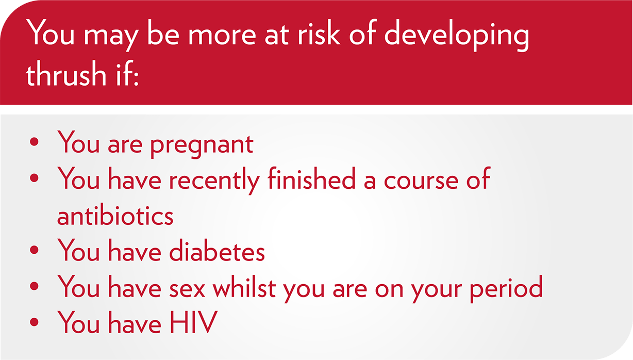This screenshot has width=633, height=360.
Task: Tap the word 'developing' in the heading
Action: click(x=456, y=36)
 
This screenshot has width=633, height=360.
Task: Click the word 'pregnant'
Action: click(x=202, y=145)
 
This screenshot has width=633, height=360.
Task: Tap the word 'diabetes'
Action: click(x=216, y=249)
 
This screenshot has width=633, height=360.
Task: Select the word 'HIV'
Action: click(x=193, y=322)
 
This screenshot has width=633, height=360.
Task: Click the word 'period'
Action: click(x=506, y=288)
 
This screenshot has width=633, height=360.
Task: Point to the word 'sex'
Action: click(x=187, y=290)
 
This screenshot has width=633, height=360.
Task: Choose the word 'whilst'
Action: click(x=244, y=286)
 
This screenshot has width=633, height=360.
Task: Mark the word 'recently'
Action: click(x=214, y=180)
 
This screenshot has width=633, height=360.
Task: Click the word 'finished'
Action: click(x=311, y=177)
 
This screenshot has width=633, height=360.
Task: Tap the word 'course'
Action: click(x=421, y=181)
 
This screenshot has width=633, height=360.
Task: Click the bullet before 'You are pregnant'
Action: click(x=34, y=142)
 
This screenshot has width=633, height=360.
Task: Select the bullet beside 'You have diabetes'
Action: click(x=34, y=250)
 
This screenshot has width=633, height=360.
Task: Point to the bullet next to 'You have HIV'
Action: click(x=34, y=322)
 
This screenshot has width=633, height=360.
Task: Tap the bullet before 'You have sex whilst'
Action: click(x=34, y=286)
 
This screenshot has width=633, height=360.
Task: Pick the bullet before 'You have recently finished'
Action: click(x=34, y=178)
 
